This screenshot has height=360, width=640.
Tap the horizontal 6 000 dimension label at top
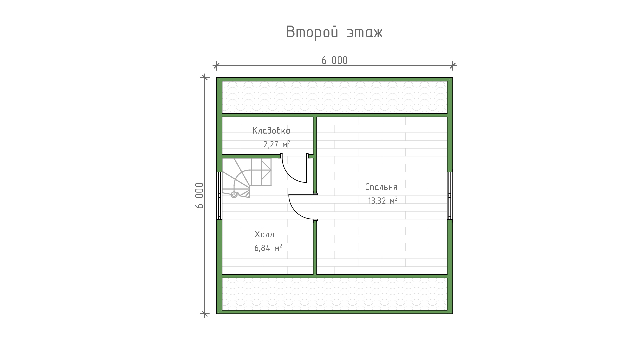[334, 60]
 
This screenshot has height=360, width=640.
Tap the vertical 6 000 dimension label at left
[199, 195]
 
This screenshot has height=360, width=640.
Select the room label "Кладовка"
[271, 130]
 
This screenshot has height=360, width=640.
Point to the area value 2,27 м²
[277, 144]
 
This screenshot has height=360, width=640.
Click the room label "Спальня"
[381, 187]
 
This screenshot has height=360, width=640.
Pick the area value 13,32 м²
[382, 200]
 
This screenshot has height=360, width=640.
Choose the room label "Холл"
[264, 234]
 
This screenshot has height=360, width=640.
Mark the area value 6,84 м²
[268, 248]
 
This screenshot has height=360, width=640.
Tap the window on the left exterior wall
[219, 195]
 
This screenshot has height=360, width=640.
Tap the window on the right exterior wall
[450, 195]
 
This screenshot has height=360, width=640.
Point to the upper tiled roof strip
[335, 97]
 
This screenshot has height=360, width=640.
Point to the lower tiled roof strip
[335, 294]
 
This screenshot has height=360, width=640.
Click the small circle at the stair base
[234, 195]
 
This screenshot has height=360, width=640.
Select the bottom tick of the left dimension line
[205, 314]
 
